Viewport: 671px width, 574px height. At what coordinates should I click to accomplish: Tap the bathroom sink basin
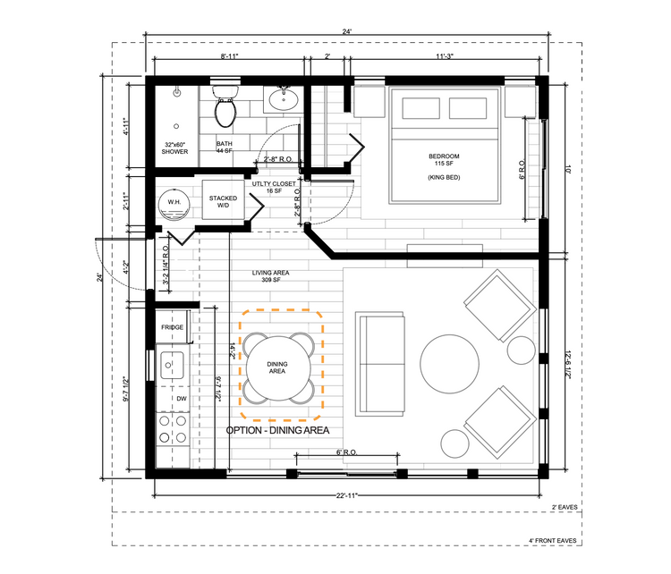[284, 100]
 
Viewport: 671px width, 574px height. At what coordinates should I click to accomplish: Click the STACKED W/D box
[223, 200]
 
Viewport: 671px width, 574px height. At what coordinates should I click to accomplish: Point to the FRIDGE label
[172, 327]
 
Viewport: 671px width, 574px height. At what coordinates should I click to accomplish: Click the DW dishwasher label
[182, 399]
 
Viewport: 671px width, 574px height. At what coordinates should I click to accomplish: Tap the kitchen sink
[172, 365]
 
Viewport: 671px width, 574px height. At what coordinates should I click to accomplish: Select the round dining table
[278, 367]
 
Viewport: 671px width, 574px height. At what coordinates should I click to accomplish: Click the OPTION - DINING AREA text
[277, 430]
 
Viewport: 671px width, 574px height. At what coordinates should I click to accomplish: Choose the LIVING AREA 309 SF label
[270, 276]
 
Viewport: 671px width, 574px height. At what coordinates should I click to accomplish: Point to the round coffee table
[449, 364]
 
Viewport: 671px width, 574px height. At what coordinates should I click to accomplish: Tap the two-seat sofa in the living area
[380, 364]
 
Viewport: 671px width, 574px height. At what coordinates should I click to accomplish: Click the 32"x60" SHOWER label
[174, 148]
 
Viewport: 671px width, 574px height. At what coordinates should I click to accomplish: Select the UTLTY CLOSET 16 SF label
[274, 187]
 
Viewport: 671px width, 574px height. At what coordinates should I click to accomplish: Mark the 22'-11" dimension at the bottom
[346, 495]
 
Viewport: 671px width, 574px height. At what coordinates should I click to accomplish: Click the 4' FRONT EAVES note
[553, 541]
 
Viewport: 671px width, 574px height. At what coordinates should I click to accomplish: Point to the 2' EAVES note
[565, 507]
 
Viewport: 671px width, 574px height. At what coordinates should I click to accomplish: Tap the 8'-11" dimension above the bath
[229, 56]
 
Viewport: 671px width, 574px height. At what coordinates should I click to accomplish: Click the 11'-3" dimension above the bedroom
[445, 56]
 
